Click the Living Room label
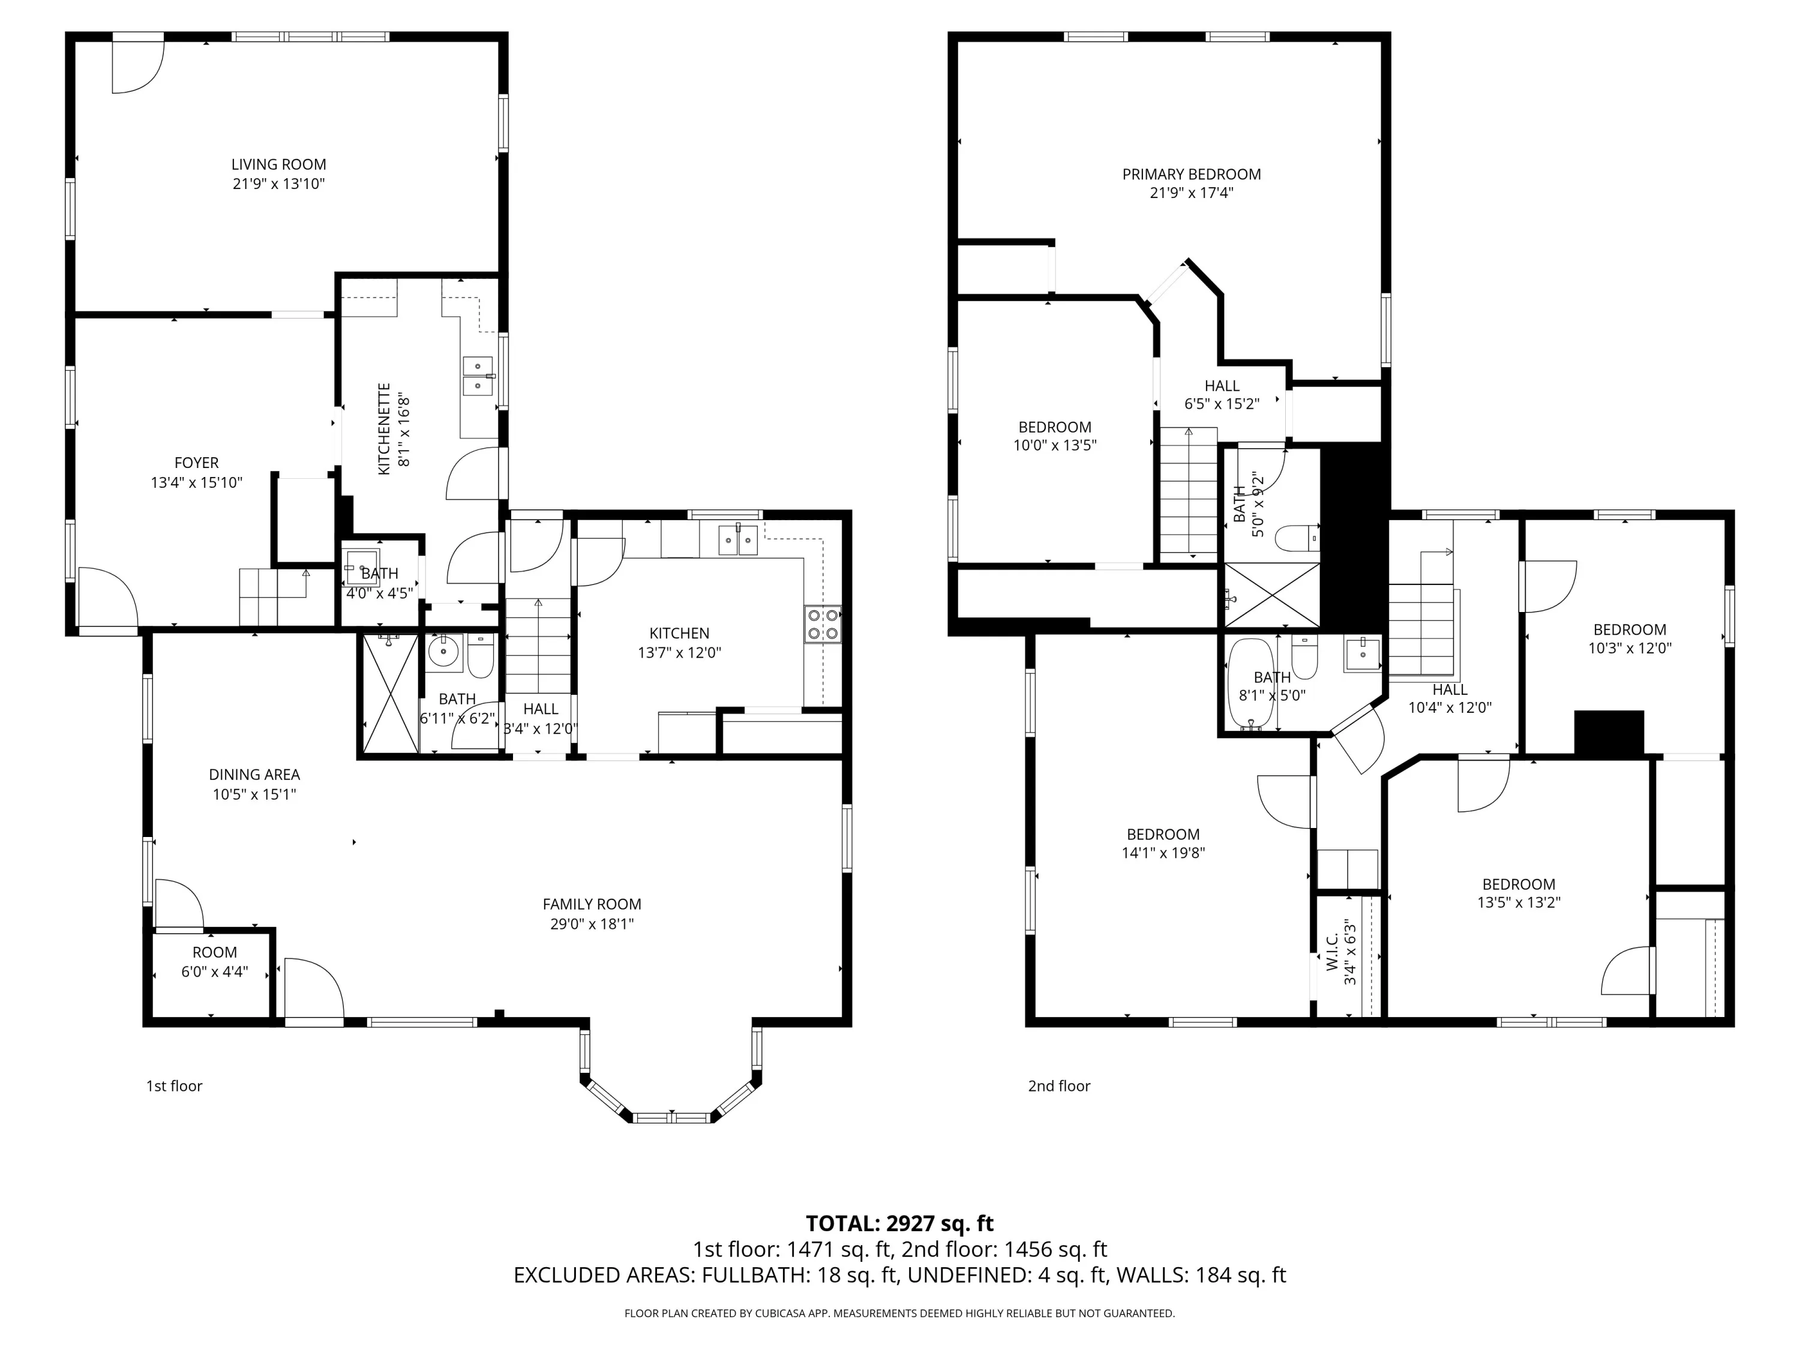tap(278, 164)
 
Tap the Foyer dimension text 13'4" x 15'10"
tap(197, 482)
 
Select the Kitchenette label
tap(384, 429)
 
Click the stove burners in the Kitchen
tap(823, 625)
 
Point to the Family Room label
tap(592, 904)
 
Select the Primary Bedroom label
tap(1192, 174)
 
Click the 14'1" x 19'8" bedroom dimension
tap(1163, 853)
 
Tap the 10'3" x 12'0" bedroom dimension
tap(1630, 649)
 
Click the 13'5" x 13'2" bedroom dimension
tap(1519, 902)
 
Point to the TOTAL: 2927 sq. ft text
tap(900, 1223)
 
